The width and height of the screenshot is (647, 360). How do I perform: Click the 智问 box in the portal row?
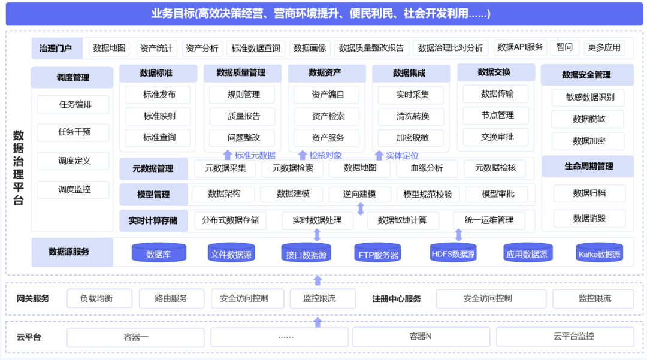coord(564,47)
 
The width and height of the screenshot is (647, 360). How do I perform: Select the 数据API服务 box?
coord(520,47)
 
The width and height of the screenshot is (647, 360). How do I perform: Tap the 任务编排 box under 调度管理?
coord(74,104)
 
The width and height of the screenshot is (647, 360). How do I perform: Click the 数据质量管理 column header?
coord(241,73)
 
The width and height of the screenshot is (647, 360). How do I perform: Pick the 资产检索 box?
coord(328,116)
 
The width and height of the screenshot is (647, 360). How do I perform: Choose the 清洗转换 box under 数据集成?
coord(412,116)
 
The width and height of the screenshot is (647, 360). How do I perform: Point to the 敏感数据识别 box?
coord(589,97)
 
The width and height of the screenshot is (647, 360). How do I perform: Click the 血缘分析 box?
coord(427,168)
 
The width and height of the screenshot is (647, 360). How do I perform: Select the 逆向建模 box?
coord(359,194)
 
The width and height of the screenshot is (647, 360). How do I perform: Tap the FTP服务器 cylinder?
coord(378,253)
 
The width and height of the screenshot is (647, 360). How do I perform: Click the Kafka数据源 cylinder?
coord(599,253)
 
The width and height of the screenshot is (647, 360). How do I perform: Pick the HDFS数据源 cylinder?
coord(453,253)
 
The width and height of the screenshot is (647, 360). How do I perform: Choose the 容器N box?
coord(421,337)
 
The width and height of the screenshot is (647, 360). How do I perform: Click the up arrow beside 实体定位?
coord(379,155)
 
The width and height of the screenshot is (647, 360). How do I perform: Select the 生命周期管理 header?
coord(588,166)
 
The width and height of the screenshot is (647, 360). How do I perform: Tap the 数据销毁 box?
coord(589,219)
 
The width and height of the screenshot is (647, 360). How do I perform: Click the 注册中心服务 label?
coord(396,299)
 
